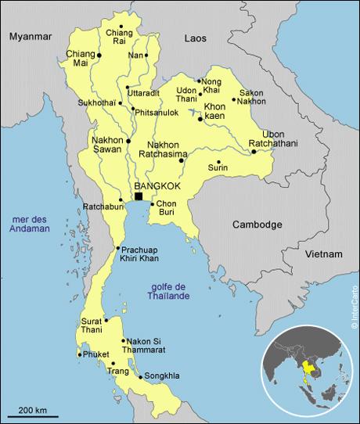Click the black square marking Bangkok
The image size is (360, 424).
[x=139, y=196]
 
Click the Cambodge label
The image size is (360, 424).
[x=257, y=225]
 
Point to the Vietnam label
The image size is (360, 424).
[x=324, y=254]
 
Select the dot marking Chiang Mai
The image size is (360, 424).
[x=99, y=56]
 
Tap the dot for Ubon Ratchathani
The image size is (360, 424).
[x=254, y=152]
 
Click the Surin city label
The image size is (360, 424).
[x=218, y=167]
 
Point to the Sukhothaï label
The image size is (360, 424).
[x=97, y=102]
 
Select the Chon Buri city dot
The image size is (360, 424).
[x=152, y=203]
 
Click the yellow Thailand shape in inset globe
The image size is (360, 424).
[x=311, y=368]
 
